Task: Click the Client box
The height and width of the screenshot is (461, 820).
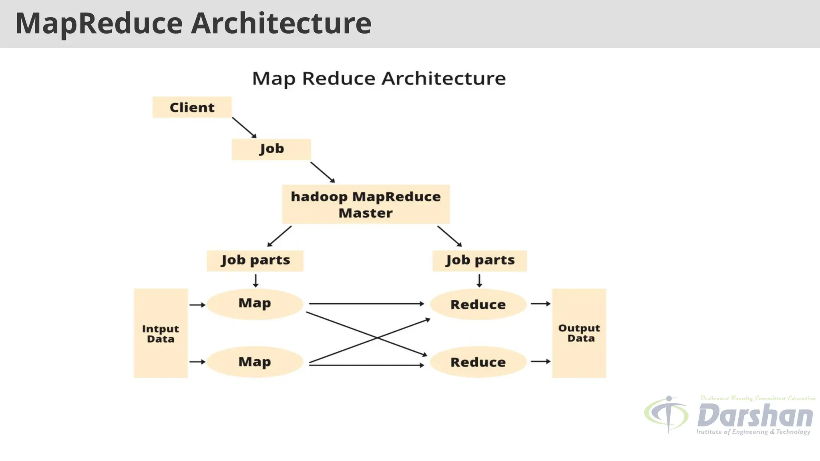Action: click(x=192, y=107)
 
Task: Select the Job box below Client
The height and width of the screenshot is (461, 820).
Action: click(x=271, y=149)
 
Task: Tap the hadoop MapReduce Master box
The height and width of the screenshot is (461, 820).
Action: click(x=366, y=204)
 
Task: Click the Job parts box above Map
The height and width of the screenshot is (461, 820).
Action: click(x=255, y=261)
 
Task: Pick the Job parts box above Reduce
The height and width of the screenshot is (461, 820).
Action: click(x=480, y=261)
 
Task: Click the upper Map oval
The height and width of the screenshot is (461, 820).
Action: click(x=255, y=304)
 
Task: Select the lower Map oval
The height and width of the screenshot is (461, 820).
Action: click(x=255, y=362)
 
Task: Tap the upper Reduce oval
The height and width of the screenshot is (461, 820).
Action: click(x=478, y=305)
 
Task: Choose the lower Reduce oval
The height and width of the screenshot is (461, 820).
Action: click(x=478, y=362)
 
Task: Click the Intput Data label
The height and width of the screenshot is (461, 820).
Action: click(x=161, y=334)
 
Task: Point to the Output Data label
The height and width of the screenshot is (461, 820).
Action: click(x=579, y=333)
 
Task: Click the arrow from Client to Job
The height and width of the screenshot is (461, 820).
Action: click(x=244, y=128)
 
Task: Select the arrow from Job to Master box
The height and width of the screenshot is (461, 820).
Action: click(x=323, y=172)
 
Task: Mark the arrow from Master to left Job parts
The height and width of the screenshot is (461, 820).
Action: click(x=279, y=237)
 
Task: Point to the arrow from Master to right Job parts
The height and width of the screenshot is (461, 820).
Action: click(x=450, y=237)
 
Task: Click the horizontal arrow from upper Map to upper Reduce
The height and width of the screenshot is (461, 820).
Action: click(x=366, y=304)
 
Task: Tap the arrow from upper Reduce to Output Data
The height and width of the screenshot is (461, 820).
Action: click(x=541, y=304)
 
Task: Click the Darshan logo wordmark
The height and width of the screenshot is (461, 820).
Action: click(x=755, y=416)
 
